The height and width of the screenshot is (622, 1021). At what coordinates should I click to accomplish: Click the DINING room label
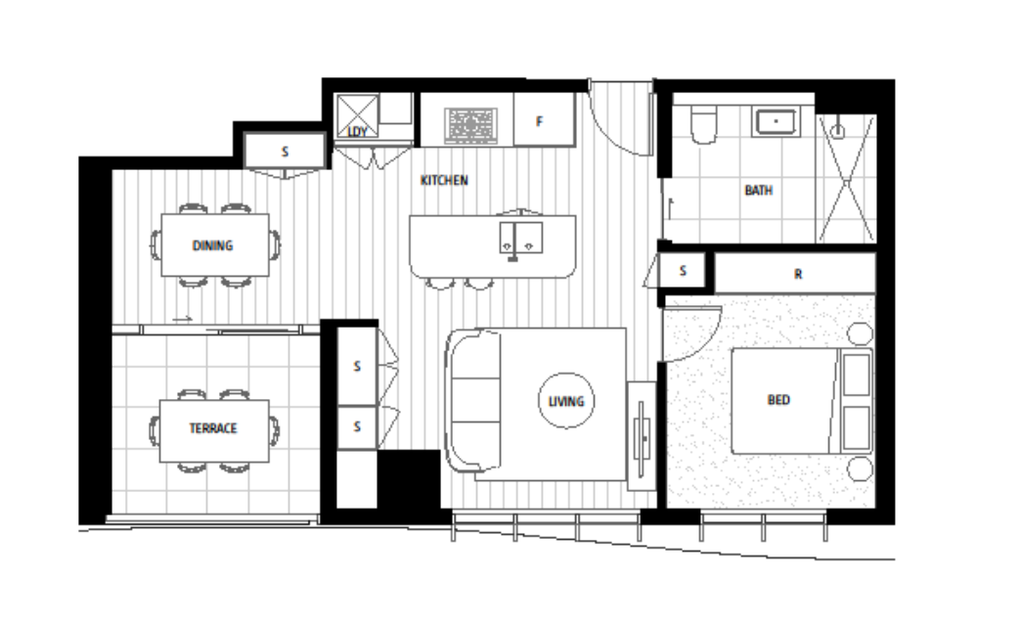click(212, 245)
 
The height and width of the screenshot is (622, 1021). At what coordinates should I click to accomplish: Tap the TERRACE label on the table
click(213, 428)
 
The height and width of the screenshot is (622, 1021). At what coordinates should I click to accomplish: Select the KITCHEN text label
click(444, 180)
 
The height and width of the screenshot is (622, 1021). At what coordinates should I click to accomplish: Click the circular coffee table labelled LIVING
click(566, 401)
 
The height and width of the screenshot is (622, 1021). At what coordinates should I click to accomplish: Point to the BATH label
click(759, 190)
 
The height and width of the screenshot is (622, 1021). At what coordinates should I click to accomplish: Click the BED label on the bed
click(778, 399)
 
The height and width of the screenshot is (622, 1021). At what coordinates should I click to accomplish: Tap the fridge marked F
click(545, 119)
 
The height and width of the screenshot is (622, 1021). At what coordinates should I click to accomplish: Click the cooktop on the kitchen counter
click(470, 126)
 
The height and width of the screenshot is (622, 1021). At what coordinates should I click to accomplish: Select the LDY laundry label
click(358, 132)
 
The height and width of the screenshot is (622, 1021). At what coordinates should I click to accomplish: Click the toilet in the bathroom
click(703, 124)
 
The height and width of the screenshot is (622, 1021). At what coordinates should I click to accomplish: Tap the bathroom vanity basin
click(776, 122)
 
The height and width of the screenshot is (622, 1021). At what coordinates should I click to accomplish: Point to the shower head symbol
click(838, 130)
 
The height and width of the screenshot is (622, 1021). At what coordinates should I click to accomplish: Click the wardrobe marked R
click(795, 274)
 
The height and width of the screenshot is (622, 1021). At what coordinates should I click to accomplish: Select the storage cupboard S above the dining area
click(285, 152)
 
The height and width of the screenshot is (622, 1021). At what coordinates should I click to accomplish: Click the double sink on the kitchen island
click(521, 238)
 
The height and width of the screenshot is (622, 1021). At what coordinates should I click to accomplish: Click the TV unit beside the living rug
click(642, 435)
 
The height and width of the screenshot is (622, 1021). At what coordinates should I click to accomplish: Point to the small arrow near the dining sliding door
click(182, 319)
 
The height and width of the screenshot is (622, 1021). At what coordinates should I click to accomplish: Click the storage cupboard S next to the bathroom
click(682, 270)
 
